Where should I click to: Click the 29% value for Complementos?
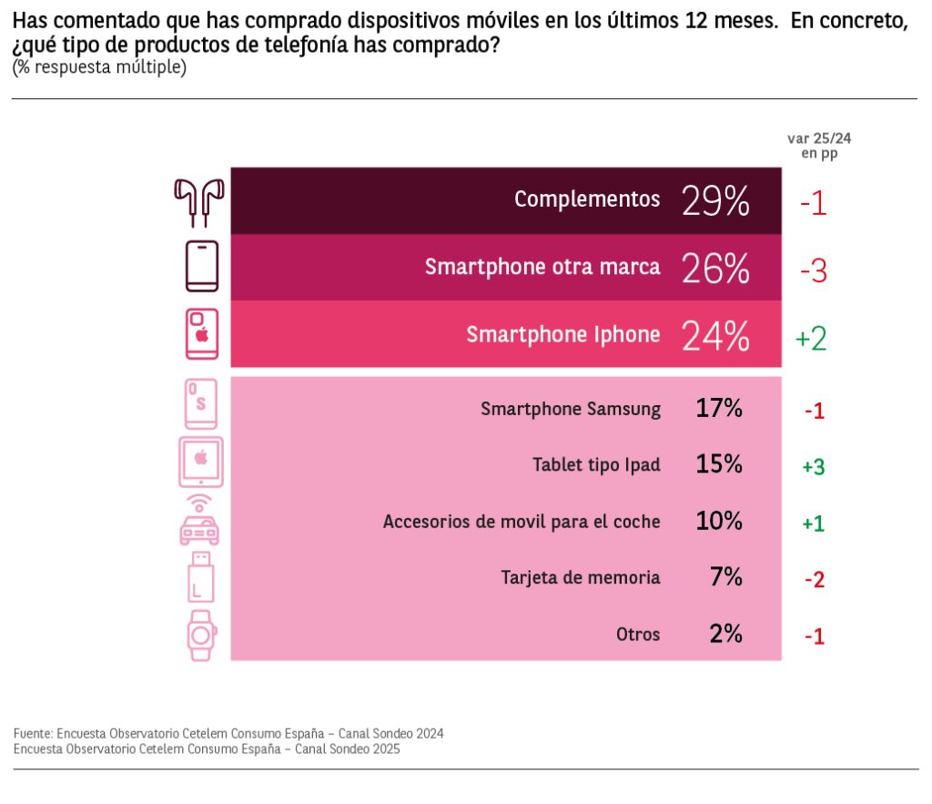[715, 201]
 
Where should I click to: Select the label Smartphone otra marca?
[542, 268]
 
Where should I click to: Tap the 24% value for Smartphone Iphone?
[715, 336]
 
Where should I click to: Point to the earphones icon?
[199, 201]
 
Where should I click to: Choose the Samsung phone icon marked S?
[201, 403]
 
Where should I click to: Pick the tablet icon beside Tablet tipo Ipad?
[201, 462]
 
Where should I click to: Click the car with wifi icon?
[199, 521]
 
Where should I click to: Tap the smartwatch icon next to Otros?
[202, 634]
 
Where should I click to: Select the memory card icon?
[200, 576]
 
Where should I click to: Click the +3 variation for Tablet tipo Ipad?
[813, 466]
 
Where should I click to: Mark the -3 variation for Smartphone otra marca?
[813, 271]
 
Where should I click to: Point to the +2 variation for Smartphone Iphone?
[811, 339]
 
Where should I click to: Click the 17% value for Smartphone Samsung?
[719, 409]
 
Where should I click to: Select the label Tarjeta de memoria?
[581, 577]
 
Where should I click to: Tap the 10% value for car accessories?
[719, 522]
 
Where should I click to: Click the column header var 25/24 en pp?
[818, 146]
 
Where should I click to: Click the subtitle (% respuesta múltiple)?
[99, 68]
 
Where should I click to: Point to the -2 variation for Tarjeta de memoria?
[814, 579]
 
